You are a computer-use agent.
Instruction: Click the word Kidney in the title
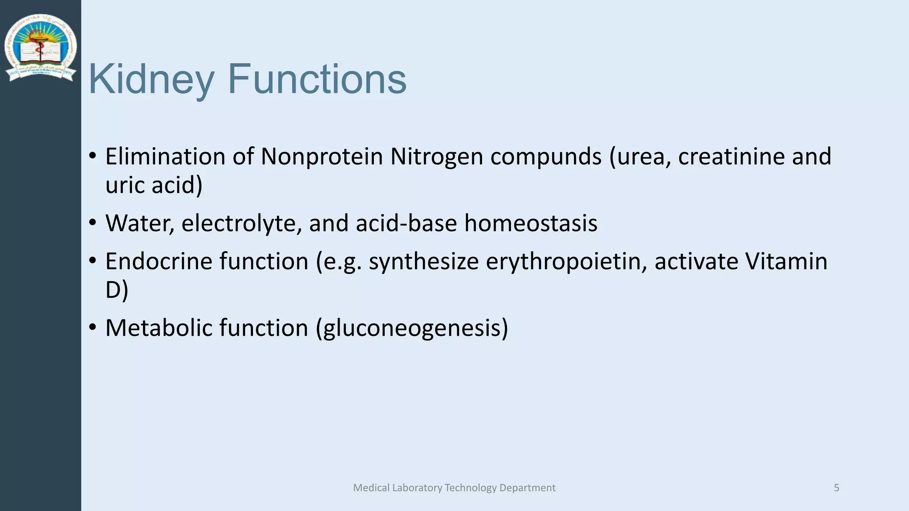151,80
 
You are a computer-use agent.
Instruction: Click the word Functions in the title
317,79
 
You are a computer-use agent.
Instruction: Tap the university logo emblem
40,48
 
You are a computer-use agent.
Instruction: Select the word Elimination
165,157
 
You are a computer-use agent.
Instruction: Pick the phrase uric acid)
154,185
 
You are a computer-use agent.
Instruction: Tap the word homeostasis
530,223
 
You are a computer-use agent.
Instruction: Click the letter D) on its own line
116,290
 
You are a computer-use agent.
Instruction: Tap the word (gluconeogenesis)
412,329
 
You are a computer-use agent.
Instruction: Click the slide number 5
836,488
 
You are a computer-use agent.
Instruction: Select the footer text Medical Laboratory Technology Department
454,488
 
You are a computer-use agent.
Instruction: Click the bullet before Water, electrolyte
92,222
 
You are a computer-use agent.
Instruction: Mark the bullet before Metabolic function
92,327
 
